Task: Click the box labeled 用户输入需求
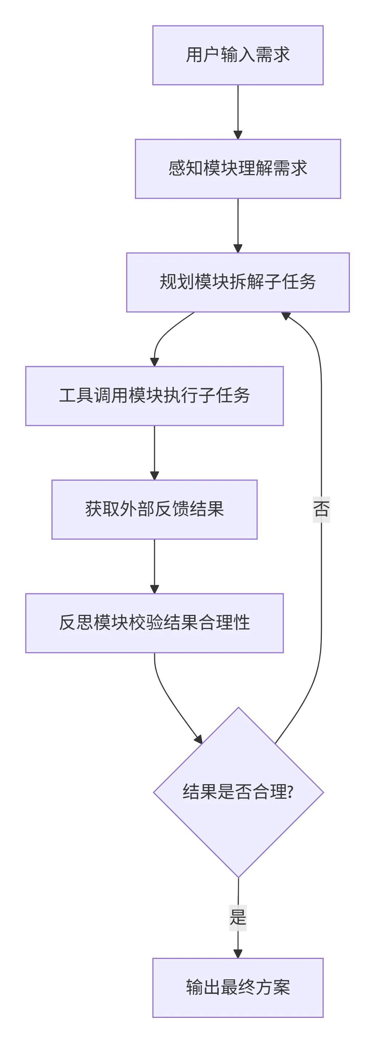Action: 238,55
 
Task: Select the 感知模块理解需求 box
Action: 238,169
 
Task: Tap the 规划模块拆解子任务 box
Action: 238,282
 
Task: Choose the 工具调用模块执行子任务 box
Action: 154,396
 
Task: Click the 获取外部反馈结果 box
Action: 154,509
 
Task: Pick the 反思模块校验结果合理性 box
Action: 154,623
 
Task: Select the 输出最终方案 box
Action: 238,987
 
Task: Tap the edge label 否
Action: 321,509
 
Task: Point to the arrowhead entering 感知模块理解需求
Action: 238,135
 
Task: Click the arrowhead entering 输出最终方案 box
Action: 238,954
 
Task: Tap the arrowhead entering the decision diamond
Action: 198,739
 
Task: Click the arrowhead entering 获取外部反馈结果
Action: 154,476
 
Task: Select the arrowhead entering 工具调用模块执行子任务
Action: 154,362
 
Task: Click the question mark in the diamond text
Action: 290,792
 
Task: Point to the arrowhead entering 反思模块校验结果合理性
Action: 154,589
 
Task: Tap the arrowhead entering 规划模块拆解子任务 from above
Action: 238,249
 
